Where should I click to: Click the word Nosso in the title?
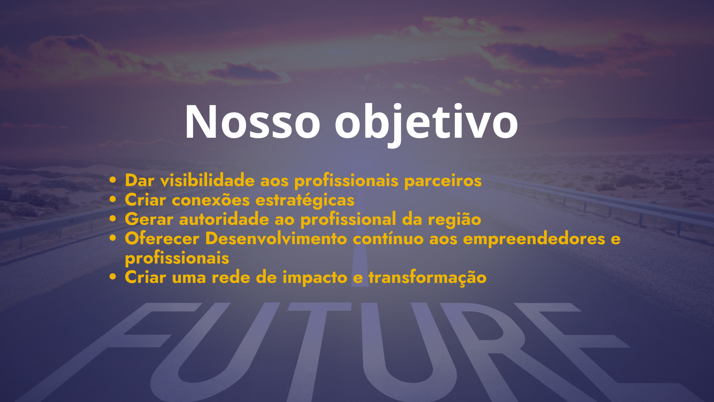pyautogui.click(x=253, y=122)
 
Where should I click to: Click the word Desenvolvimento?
pyautogui.click(x=276, y=238)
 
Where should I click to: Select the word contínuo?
pyautogui.click(x=388, y=238)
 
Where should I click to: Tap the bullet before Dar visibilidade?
pyautogui.click(x=113, y=180)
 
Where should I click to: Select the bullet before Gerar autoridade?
pyautogui.click(x=113, y=219)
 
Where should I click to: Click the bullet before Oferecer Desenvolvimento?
pyautogui.click(x=113, y=238)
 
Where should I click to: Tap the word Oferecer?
pyautogui.click(x=162, y=238)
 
